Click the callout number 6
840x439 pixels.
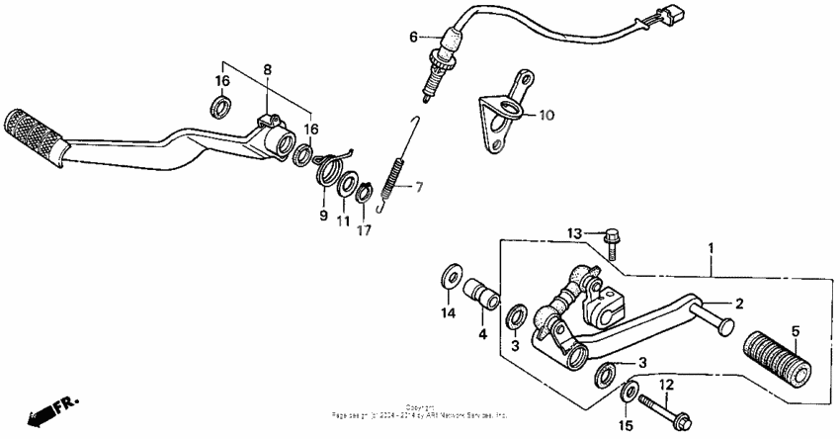click(414, 38)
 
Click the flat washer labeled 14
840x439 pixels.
click(451, 271)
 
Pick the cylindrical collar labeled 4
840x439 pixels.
click(482, 296)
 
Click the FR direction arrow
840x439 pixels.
click(44, 409)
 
